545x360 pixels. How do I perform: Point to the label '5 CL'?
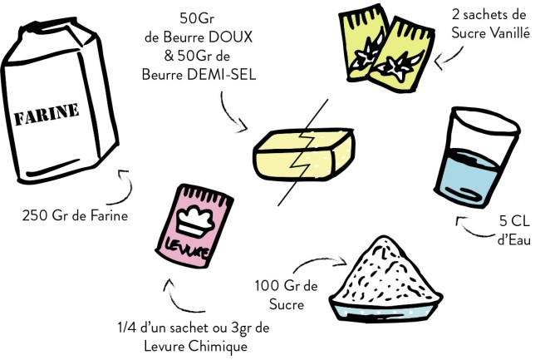(517, 223)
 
